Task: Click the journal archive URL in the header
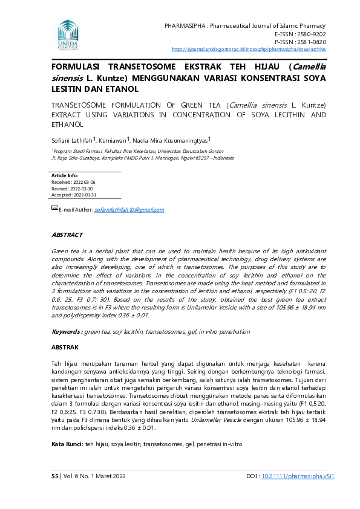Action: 249,49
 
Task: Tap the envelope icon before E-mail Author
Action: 54,208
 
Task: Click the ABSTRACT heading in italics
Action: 67,235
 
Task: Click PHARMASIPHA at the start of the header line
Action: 183,26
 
